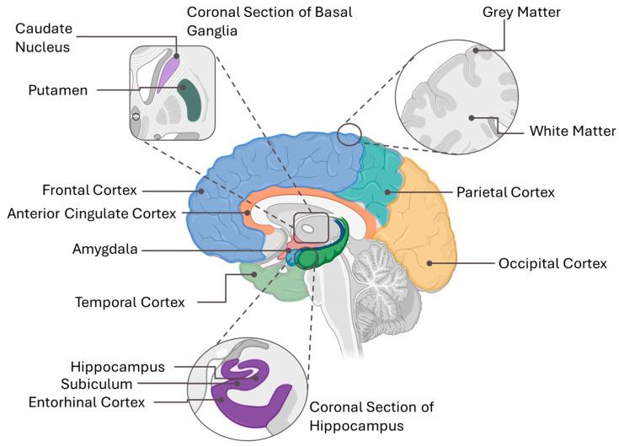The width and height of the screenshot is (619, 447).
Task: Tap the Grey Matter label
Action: click(x=521, y=13)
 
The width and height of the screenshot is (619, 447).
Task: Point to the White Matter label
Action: click(x=572, y=131)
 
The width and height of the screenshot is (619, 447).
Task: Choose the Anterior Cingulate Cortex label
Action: click(x=92, y=213)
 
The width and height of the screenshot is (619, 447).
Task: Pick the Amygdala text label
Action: click(x=104, y=249)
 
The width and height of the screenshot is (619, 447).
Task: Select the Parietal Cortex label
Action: click(x=505, y=192)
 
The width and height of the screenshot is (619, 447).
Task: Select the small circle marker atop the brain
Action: click(x=349, y=134)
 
